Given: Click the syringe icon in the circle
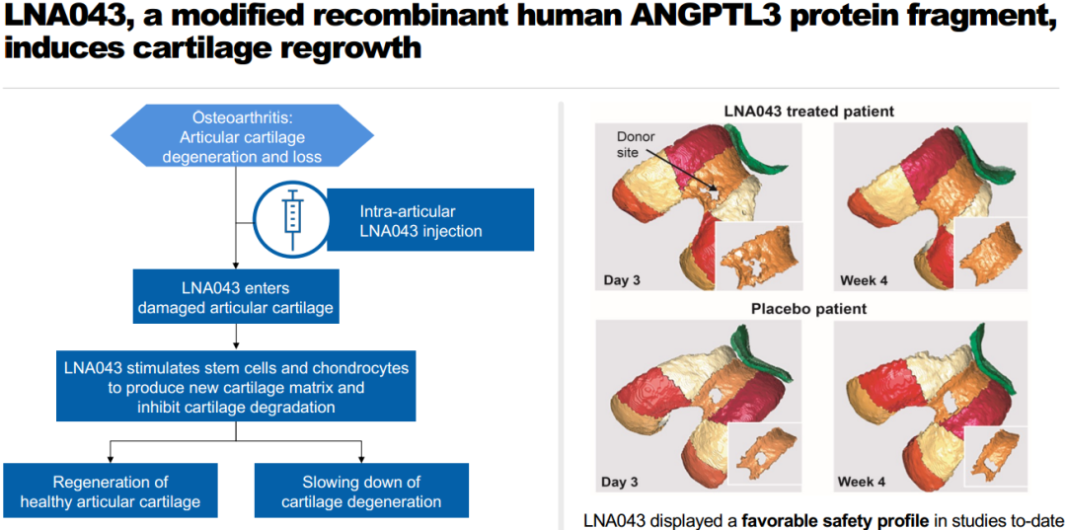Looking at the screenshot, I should (291, 218).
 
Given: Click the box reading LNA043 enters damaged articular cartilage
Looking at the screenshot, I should (236, 297).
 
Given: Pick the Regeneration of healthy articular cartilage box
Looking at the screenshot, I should (111, 492).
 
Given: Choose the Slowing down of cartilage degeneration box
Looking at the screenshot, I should (361, 492).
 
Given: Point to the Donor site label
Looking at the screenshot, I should (636, 146).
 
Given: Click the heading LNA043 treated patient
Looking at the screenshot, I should (807, 111).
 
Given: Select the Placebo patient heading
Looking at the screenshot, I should (807, 308).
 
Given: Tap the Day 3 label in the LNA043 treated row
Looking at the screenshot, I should (623, 280).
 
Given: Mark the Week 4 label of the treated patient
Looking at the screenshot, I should (864, 280).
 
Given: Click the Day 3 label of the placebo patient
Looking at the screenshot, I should (623, 482).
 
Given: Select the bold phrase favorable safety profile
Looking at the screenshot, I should (835, 519).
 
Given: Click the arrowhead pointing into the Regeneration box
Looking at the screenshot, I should (111, 459).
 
